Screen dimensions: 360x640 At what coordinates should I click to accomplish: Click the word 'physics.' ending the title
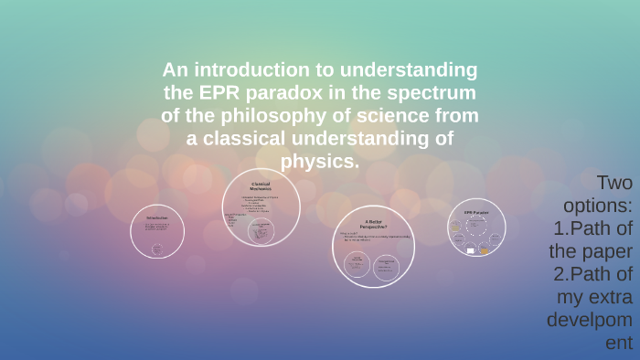[320, 161]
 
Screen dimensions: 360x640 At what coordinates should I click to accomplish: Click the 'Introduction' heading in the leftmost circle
[157, 218]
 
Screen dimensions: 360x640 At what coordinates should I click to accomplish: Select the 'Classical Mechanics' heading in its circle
[261, 186]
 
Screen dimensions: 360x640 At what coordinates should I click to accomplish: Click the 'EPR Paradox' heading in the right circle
[476, 213]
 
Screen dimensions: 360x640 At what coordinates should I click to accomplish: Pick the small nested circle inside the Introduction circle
[157, 249]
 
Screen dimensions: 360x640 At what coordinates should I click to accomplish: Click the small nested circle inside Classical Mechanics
[261, 229]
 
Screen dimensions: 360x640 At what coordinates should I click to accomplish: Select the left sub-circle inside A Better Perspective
[355, 264]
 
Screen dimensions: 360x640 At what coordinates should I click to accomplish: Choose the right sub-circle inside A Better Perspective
[386, 265]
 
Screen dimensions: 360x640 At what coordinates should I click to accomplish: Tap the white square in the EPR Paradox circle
[471, 249]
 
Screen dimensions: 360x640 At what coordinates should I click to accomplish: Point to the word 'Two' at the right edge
[614, 181]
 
